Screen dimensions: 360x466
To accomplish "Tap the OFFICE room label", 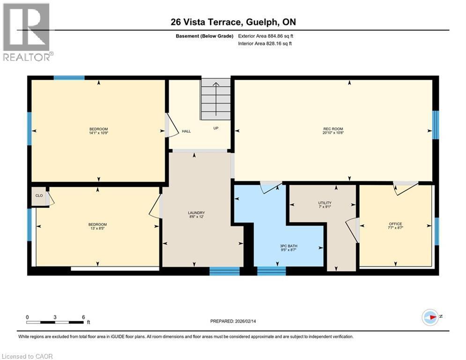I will pyautogui.click(x=395, y=224).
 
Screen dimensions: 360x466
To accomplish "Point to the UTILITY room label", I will pyautogui.click(x=325, y=202).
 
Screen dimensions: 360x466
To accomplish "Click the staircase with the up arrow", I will pyautogui.click(x=216, y=99).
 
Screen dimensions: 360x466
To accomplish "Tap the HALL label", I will pyautogui.click(x=186, y=132).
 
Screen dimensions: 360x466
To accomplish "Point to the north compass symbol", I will pyautogui.click(x=430, y=317).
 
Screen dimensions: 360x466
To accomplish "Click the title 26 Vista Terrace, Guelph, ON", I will pyautogui.click(x=233, y=22).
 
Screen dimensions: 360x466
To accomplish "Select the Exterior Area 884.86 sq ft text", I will pyautogui.click(x=266, y=36).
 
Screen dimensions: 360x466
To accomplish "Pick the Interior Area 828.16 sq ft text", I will pyautogui.click(x=266, y=44).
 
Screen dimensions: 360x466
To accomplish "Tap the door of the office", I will pyautogui.click(x=406, y=188).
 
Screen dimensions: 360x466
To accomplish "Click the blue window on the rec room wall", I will pyautogui.click(x=435, y=125).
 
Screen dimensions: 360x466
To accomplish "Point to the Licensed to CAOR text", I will pyautogui.click(x=28, y=356).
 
